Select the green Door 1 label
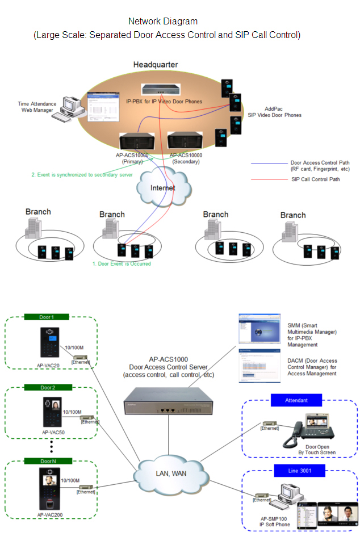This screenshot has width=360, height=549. click(x=47, y=317)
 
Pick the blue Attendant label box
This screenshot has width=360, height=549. click(x=296, y=400)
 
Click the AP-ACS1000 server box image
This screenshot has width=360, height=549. click(x=168, y=400)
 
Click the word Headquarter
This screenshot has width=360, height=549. click(x=155, y=65)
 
